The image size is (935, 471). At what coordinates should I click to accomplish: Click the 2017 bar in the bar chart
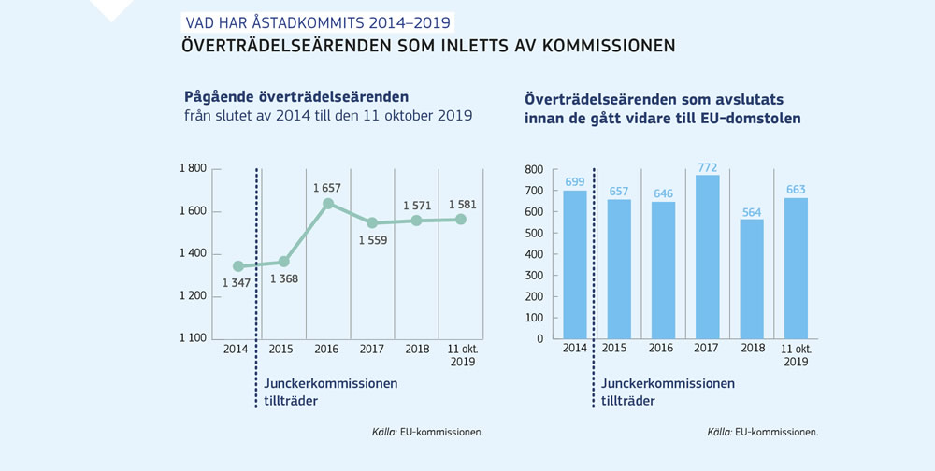[708, 257]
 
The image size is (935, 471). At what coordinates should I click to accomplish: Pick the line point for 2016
[328, 204]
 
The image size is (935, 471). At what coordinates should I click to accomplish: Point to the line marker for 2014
[238, 266]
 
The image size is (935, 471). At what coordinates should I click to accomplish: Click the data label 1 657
[327, 188]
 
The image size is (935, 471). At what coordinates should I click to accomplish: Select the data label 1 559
[372, 240]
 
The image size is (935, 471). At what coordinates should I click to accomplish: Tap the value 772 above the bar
[708, 167]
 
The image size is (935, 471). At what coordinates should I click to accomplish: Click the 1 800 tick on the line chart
[193, 169]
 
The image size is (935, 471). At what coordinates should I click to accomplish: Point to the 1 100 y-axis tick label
[193, 338]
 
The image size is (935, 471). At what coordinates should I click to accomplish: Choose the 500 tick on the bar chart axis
[534, 233]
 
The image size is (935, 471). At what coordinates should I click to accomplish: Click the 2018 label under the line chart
[417, 350]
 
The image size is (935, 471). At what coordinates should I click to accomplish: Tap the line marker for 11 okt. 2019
[461, 220]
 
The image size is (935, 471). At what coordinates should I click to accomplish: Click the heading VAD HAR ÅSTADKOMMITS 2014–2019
[318, 22]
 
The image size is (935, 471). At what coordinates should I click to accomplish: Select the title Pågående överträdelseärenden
[296, 96]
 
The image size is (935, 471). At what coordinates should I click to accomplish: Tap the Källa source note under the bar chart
[762, 433]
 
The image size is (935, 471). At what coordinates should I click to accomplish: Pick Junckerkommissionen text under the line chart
[331, 383]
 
